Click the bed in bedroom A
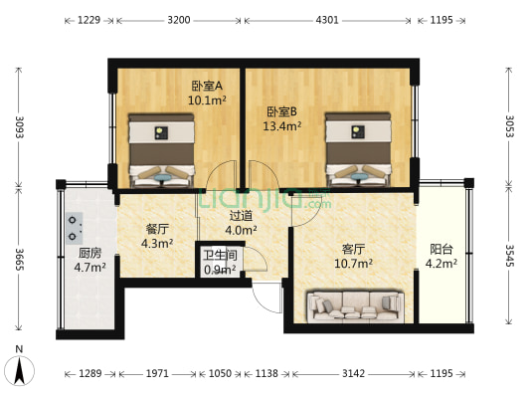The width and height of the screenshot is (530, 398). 161,149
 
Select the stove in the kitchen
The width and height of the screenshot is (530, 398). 77,229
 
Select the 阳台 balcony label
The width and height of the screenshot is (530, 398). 442,250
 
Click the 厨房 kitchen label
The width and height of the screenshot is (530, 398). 89,253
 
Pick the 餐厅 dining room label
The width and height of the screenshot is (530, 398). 156,228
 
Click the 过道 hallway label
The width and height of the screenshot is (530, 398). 241,215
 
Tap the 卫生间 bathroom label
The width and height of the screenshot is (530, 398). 220,255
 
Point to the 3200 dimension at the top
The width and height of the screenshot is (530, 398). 179,20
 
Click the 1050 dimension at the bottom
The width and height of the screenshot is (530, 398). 219,373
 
